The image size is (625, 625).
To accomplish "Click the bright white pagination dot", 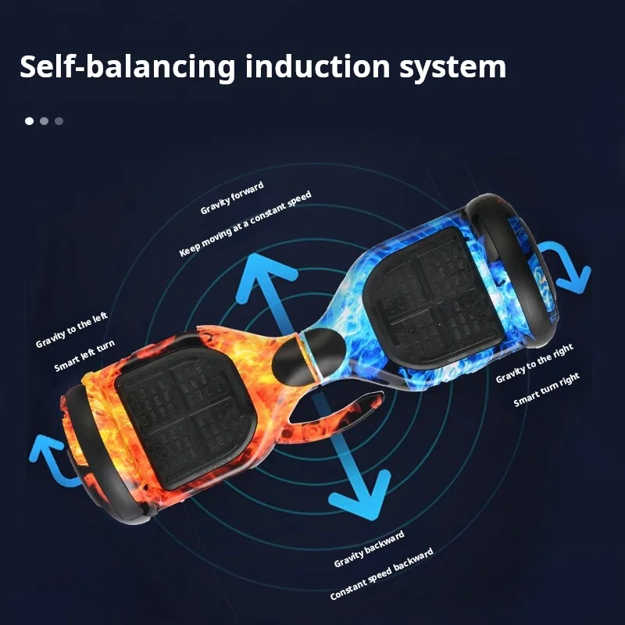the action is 30,121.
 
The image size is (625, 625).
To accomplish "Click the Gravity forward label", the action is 233,197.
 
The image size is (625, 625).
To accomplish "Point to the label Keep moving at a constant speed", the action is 245,223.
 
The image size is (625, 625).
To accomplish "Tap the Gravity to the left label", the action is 72,331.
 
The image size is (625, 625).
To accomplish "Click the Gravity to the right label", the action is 534,364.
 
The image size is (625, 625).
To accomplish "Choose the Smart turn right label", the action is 547,390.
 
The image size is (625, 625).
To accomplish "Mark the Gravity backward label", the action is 369,549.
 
